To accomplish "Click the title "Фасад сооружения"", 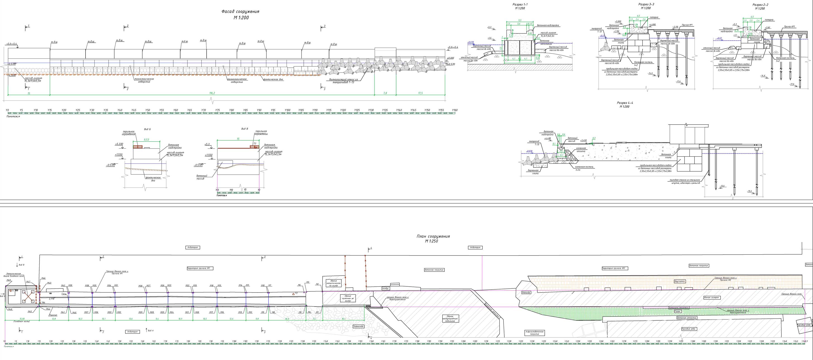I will click(240, 11).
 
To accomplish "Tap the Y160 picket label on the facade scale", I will click(454, 110).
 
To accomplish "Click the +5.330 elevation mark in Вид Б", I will click(119, 144).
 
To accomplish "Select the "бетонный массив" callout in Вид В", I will click(202, 177).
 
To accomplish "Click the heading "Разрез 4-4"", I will click(625, 103).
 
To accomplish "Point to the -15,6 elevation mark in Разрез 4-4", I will click(750, 191).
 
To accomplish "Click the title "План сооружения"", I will click(433, 236).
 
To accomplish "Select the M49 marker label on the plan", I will click(9, 280).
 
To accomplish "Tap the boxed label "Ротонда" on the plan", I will click(526, 293).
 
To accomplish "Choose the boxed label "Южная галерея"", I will click(711, 297).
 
